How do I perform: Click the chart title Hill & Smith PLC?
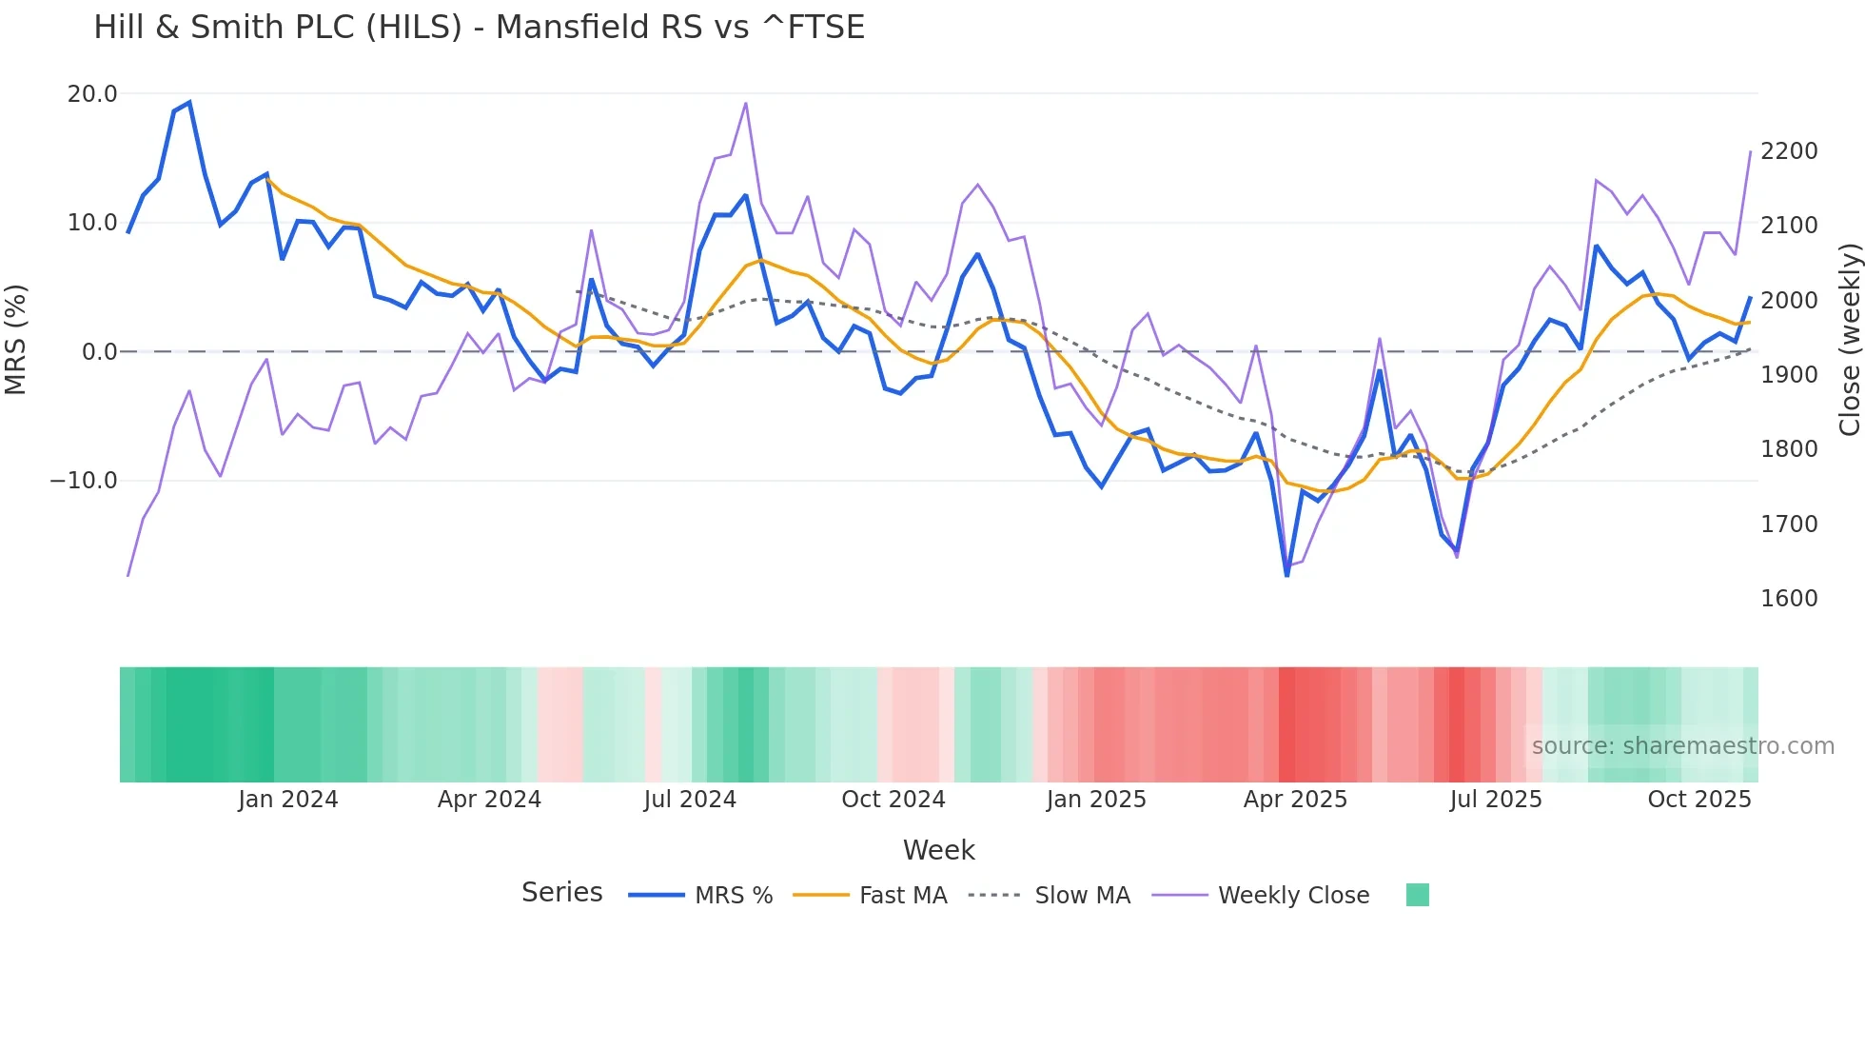[x=479, y=27]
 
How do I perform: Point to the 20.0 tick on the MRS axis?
[x=92, y=94]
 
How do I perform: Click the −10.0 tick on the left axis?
[x=84, y=481]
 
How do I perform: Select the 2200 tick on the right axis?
[x=1789, y=151]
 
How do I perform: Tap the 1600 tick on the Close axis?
[x=1789, y=599]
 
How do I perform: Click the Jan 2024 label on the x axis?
[x=287, y=800]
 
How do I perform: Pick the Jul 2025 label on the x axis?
[x=1495, y=800]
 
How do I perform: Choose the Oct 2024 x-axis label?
[x=893, y=800]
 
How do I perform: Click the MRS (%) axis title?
[x=16, y=339]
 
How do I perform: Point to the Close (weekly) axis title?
[x=1849, y=339]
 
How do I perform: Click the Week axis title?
[x=938, y=850]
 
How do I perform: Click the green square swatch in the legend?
[x=1417, y=895]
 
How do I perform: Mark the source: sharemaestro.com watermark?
[x=1682, y=746]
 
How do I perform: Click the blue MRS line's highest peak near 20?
[x=189, y=103]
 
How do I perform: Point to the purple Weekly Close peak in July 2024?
[x=746, y=103]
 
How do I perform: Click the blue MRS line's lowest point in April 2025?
[x=1286, y=575]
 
